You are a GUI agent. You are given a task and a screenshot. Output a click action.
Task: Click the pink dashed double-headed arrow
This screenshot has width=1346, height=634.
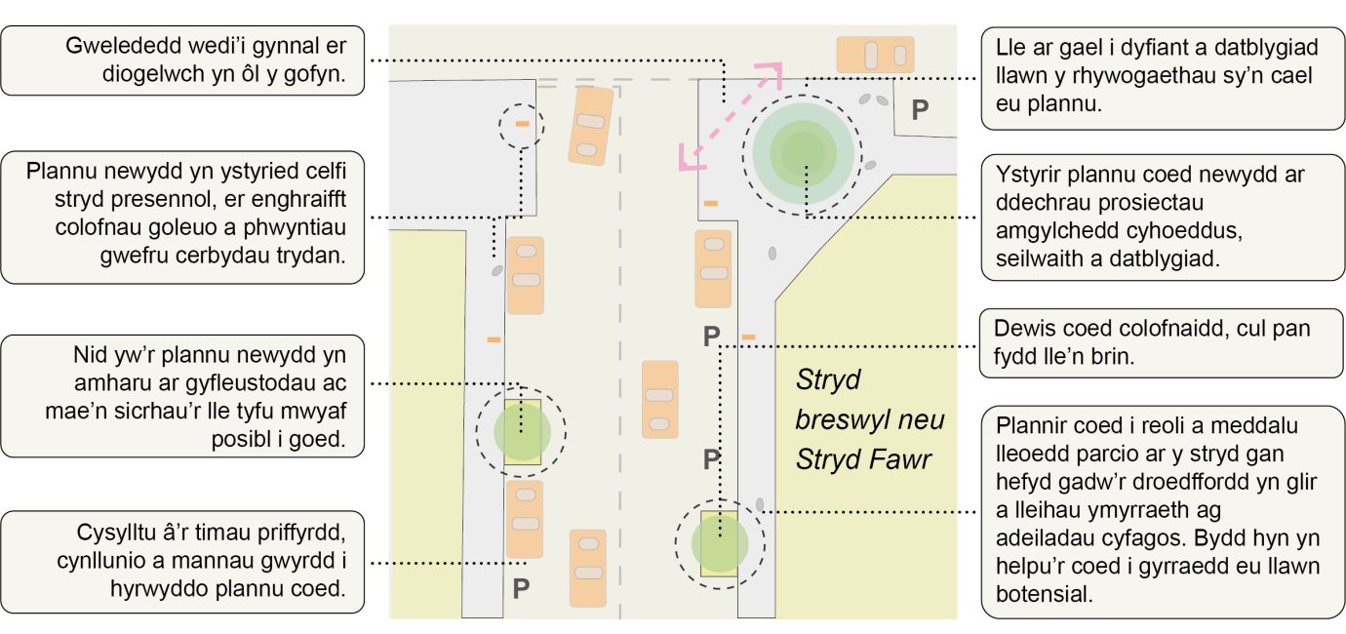pos(732,117)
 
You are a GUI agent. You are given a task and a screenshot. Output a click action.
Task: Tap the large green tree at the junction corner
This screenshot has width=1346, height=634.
pos(804,152)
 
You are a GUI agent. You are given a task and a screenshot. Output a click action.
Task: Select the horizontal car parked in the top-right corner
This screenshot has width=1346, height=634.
pos(875,55)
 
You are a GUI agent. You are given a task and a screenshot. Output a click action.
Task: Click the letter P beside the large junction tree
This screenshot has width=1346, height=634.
pos(919,110)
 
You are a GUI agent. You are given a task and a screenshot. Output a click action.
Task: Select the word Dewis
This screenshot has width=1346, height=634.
pos(1021,329)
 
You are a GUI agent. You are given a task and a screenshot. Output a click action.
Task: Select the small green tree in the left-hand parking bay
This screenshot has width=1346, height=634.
pos(522,431)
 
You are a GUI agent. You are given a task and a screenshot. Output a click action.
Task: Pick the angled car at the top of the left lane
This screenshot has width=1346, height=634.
pos(590,124)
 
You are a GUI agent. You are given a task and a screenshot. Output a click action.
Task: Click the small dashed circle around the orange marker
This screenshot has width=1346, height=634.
pos(522,125)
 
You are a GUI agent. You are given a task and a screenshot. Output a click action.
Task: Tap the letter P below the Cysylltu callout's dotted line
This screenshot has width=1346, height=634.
pos(521,588)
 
